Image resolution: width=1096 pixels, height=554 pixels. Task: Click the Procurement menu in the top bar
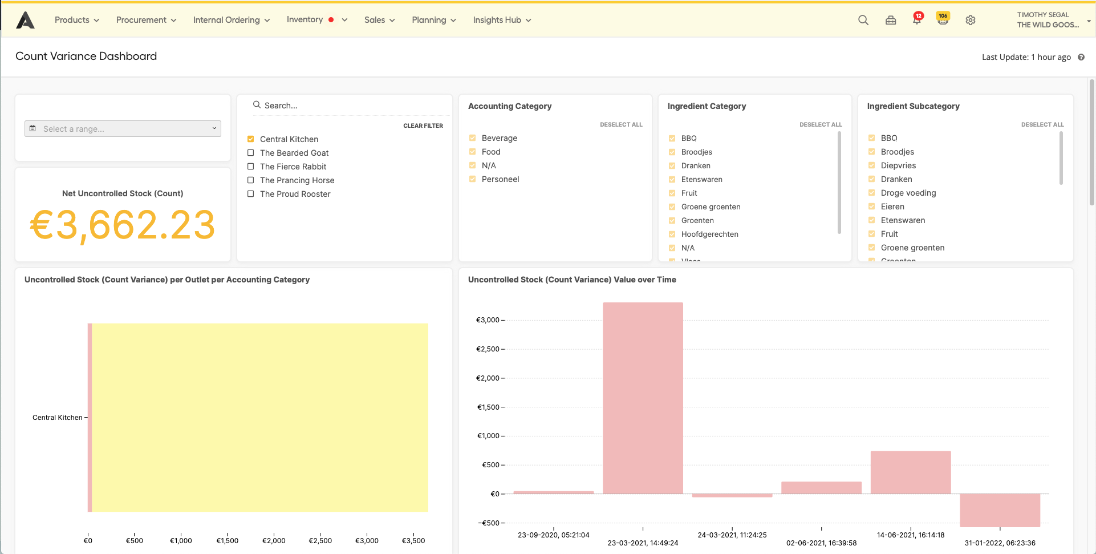click(146, 20)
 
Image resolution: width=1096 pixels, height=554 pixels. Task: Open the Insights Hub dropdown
click(502, 20)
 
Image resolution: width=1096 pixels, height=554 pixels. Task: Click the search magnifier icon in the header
click(863, 20)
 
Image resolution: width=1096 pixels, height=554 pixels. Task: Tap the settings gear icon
click(971, 20)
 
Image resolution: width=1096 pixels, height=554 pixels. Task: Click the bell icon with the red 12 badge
click(917, 20)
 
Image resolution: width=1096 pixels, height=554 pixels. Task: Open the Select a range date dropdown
click(123, 129)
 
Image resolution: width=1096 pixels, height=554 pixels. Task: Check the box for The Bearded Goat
click(250, 153)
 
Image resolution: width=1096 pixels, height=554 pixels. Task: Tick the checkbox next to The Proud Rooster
click(250, 194)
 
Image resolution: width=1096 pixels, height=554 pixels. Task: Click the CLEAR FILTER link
click(423, 126)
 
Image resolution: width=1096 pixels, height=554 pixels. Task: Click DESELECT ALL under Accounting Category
click(620, 124)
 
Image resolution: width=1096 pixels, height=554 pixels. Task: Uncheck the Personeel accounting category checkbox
click(472, 179)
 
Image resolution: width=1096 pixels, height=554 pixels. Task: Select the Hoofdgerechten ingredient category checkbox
click(672, 234)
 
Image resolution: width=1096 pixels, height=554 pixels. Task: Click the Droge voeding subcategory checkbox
click(871, 193)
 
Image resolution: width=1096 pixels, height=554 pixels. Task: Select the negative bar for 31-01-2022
click(1000, 510)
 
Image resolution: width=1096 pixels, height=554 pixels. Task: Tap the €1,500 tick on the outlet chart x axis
click(227, 540)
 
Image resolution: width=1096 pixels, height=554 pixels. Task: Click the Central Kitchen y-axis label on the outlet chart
click(58, 418)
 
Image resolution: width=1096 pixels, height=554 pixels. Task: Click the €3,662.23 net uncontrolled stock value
click(123, 225)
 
